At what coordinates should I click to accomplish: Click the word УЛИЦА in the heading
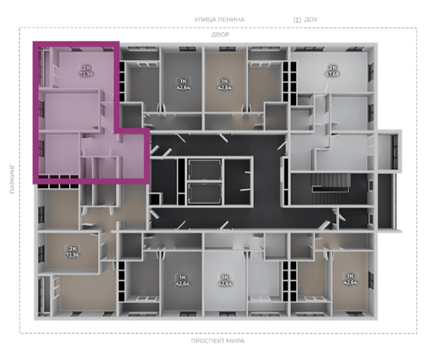tap(205, 20)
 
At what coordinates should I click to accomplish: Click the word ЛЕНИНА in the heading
tap(231, 20)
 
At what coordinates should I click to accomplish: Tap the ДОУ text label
tap(311, 20)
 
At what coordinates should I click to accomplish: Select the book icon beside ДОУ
tap(297, 20)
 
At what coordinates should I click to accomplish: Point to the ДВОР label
tap(220, 34)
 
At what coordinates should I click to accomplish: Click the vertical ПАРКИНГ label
tap(12, 179)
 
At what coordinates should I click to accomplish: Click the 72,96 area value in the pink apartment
tap(86, 74)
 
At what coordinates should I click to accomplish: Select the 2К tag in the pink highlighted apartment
tap(86, 68)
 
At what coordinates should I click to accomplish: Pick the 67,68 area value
tap(332, 74)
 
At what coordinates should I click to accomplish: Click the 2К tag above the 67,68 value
tap(333, 68)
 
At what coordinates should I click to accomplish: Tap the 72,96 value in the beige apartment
tap(72, 255)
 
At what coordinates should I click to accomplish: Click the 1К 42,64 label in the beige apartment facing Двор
tap(225, 84)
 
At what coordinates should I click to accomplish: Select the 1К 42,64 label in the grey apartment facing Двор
tap(183, 84)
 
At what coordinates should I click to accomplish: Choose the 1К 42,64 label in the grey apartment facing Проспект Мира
tap(183, 280)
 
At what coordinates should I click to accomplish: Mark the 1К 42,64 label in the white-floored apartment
tap(225, 280)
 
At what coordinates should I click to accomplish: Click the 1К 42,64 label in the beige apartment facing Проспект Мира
tap(350, 279)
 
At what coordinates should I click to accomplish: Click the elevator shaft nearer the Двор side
tap(205, 170)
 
